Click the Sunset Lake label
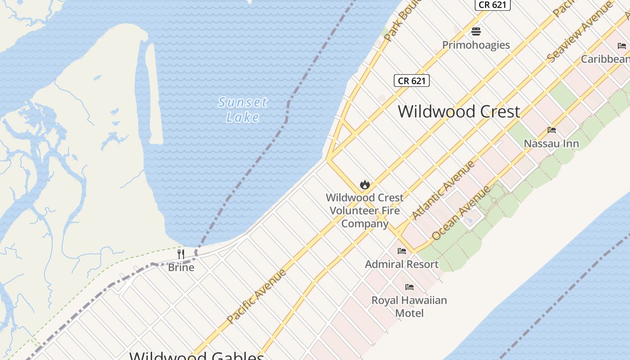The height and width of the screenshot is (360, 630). tap(243, 110)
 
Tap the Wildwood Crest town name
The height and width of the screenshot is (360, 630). tap(459, 111)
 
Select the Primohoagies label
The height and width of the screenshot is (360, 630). tap(476, 45)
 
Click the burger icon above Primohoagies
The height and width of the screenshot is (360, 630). tap(476, 31)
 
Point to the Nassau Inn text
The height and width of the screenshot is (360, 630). tap(551, 144)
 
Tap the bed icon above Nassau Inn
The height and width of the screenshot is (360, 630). tap(551, 130)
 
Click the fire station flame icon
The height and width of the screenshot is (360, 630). tap(364, 184)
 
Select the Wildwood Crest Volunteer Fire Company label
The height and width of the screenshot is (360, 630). tap(364, 210)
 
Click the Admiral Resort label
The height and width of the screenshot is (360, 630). tap(401, 264)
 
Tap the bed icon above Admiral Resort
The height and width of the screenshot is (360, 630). tap(402, 251)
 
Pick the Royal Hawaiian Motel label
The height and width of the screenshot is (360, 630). tap(409, 306)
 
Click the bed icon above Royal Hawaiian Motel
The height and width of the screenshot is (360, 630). tap(409, 287)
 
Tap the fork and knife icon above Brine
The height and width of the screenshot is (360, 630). tap(181, 254)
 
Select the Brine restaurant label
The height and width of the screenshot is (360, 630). tap(181, 267)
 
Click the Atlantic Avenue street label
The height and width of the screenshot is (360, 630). tap(443, 190)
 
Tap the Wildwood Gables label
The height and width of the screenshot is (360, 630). tap(197, 355)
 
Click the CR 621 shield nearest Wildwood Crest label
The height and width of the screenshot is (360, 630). tap(411, 81)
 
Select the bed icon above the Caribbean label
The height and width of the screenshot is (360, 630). tap(621, 45)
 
